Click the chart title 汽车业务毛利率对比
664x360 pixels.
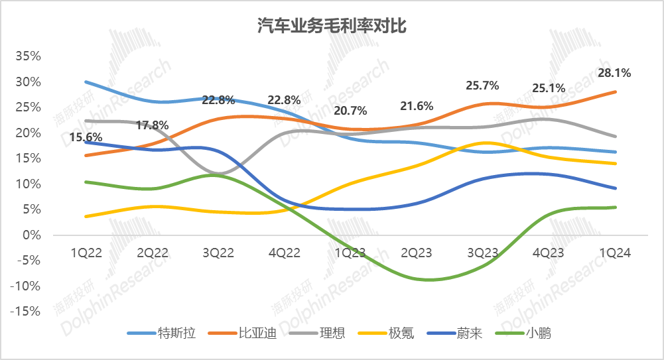pyautogui.click(x=332, y=25)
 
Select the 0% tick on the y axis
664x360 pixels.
pyautogui.click(x=32, y=235)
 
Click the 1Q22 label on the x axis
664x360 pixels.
pyautogui.click(x=86, y=253)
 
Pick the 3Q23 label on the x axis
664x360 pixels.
pyautogui.click(x=482, y=253)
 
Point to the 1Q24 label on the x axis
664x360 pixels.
pyautogui.click(x=614, y=253)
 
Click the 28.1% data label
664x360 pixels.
pyautogui.click(x=614, y=73)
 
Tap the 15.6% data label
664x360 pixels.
pyautogui.click(x=86, y=137)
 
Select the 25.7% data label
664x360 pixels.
pyautogui.click(x=482, y=86)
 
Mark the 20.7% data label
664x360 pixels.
pyautogui.click(x=350, y=111)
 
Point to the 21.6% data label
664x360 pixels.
pyautogui.click(x=417, y=106)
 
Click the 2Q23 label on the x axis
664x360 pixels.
pyautogui.click(x=417, y=253)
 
